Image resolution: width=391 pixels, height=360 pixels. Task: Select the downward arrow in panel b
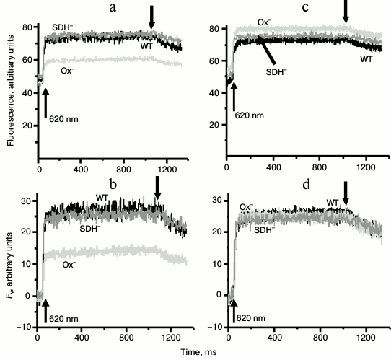click(x=158, y=190)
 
